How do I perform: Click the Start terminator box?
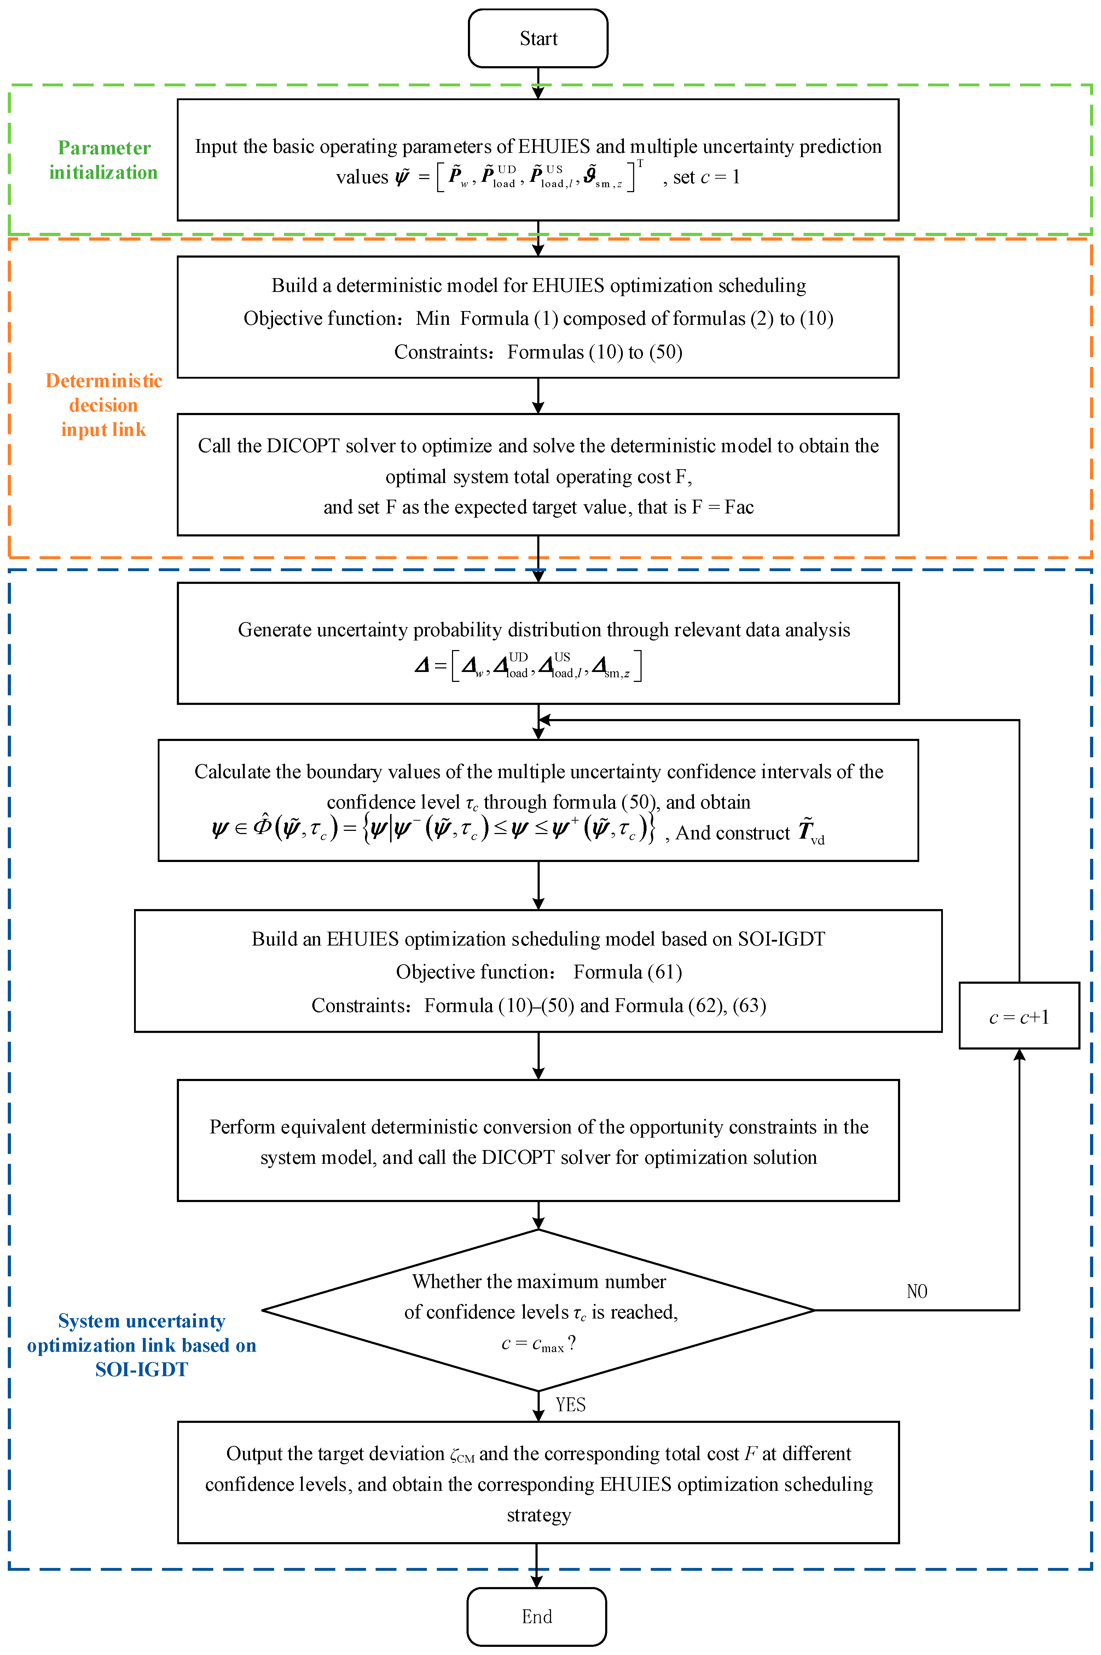coord(538,39)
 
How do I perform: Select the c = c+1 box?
coord(1019,1017)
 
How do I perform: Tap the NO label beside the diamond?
coord(917,1291)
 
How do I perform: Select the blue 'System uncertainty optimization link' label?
coord(141,1345)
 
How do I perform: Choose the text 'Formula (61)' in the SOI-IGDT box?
coord(628,972)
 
